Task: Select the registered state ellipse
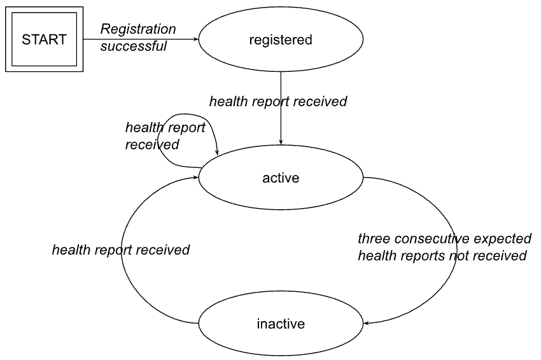tap(281, 40)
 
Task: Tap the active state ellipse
tap(281, 178)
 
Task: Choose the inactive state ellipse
tap(281, 324)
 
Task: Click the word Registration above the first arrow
tap(138, 29)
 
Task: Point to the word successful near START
tap(133, 46)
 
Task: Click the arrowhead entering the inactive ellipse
tap(367, 322)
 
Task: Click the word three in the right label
tap(374, 239)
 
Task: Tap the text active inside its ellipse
tap(281, 178)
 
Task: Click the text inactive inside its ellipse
tap(281, 324)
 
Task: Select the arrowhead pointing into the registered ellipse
tap(196, 39)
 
